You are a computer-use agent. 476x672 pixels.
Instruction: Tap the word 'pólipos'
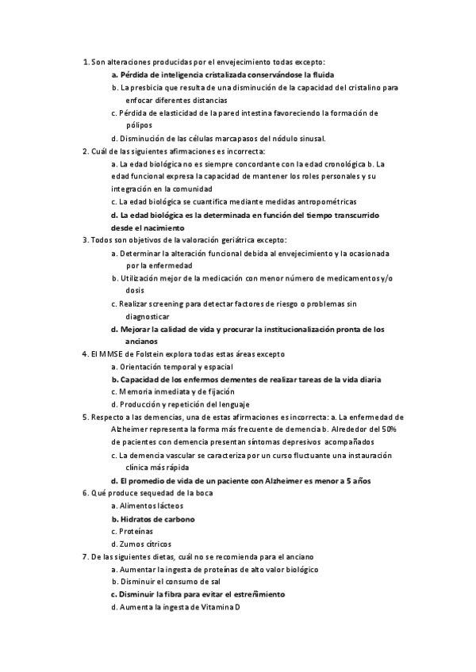pyautogui.click(x=140, y=125)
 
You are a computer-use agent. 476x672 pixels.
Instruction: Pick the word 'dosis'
pyautogui.click(x=135, y=291)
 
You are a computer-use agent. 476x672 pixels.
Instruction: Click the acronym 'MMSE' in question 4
pyautogui.click(x=111, y=354)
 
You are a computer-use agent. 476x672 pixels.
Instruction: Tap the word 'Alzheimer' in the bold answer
pyautogui.click(x=271, y=480)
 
